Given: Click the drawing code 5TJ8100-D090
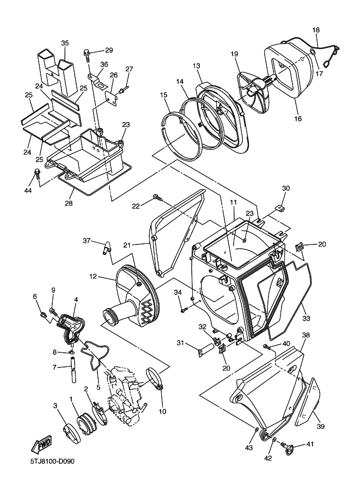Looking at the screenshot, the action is click(x=52, y=461).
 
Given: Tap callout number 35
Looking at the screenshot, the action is click(x=65, y=43).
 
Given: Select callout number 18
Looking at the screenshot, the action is click(x=316, y=30).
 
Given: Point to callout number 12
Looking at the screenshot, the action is click(x=93, y=276).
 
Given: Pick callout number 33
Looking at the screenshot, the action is click(x=306, y=318).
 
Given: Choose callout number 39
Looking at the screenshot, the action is click(x=321, y=427).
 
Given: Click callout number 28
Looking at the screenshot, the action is click(x=69, y=203).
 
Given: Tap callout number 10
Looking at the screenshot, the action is click(x=162, y=412).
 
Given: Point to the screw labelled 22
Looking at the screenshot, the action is click(x=157, y=198).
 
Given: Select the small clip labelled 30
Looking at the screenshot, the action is click(x=279, y=208).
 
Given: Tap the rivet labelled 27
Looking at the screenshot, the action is click(x=123, y=90).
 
